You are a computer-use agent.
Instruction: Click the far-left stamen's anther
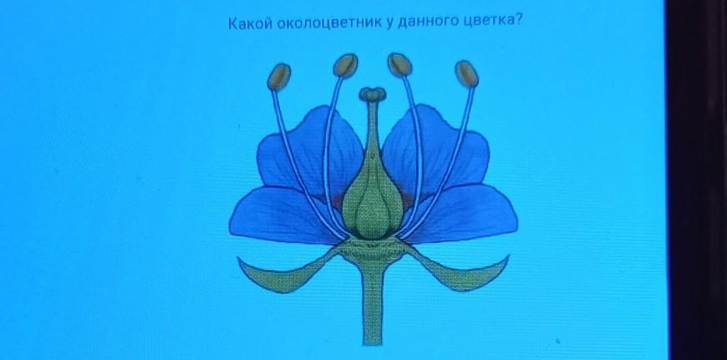click(x=279, y=77)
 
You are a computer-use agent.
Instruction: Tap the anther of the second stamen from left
click(x=345, y=65)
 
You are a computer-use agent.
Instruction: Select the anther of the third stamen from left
click(x=399, y=64)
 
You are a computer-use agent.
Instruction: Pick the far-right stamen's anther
click(x=466, y=74)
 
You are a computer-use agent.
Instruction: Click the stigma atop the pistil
click(x=373, y=94)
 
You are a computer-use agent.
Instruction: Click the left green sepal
click(x=287, y=273)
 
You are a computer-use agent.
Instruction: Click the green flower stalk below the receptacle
click(x=373, y=306)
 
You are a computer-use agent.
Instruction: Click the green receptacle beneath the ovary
click(x=373, y=251)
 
